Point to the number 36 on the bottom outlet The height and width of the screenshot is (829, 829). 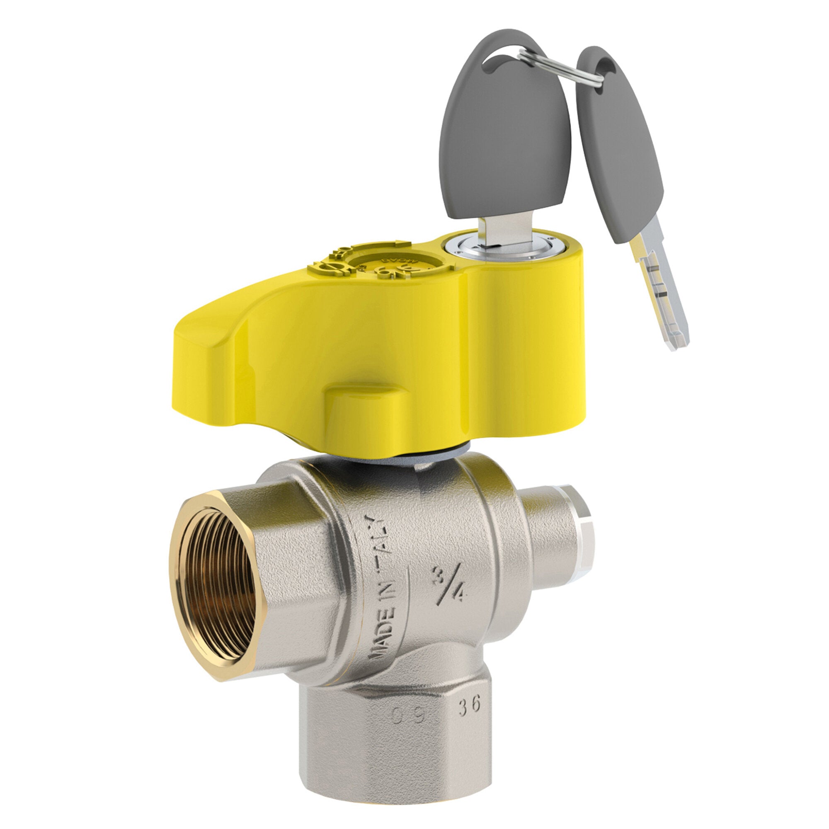point(468,706)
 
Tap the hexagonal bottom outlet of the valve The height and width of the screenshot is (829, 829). point(395,747)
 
